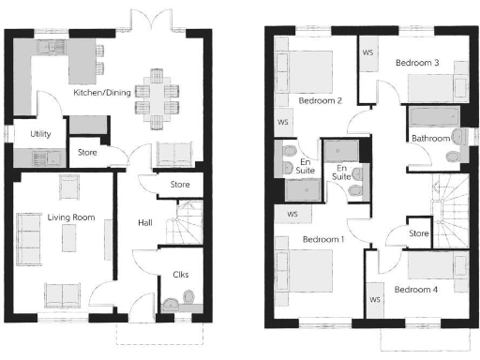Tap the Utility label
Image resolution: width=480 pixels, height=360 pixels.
40,134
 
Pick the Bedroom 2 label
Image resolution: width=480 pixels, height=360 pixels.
320,99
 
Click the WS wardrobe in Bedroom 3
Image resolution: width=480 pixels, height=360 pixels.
367,52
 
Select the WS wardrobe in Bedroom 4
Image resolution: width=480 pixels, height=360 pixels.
374,300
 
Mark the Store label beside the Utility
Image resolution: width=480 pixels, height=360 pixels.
86,151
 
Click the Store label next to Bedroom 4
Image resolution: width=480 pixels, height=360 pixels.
419,233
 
